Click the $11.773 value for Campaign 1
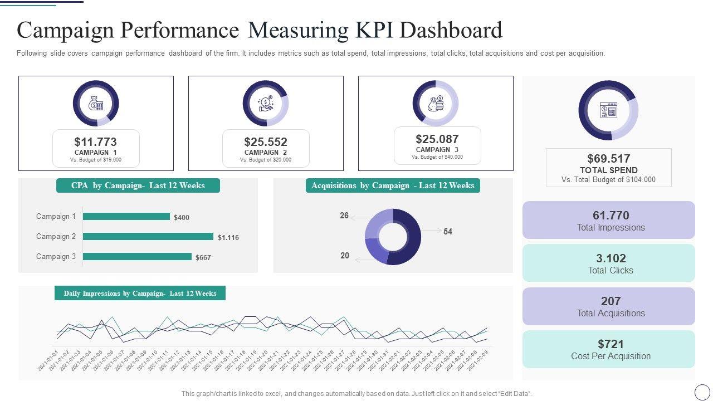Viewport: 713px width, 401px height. [x=95, y=142]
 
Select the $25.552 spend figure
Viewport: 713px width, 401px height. [x=266, y=142]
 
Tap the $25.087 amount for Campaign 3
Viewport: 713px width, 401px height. [x=437, y=139]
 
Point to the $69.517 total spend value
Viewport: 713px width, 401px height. [x=608, y=159]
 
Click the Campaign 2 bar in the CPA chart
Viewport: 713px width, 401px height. [x=148, y=237]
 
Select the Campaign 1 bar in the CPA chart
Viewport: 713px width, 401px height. [x=126, y=217]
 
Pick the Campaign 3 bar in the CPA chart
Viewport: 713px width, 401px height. [x=137, y=257]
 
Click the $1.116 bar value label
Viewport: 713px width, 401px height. [x=228, y=238]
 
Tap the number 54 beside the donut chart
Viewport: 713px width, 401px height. [x=448, y=232]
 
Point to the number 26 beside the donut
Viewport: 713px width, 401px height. [x=344, y=216]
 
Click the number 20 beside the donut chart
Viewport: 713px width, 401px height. [x=345, y=256]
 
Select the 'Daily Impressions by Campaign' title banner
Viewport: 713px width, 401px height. [x=140, y=294]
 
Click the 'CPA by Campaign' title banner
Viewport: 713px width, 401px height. [x=138, y=186]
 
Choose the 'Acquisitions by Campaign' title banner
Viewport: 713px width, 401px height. [x=393, y=186]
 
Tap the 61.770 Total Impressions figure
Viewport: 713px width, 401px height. [x=611, y=216]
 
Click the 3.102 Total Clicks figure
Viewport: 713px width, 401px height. [x=611, y=258]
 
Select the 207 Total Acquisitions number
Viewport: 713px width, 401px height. [x=611, y=301]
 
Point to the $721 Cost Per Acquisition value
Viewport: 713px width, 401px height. [x=611, y=344]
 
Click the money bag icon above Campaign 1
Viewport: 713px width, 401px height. [x=96, y=104]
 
